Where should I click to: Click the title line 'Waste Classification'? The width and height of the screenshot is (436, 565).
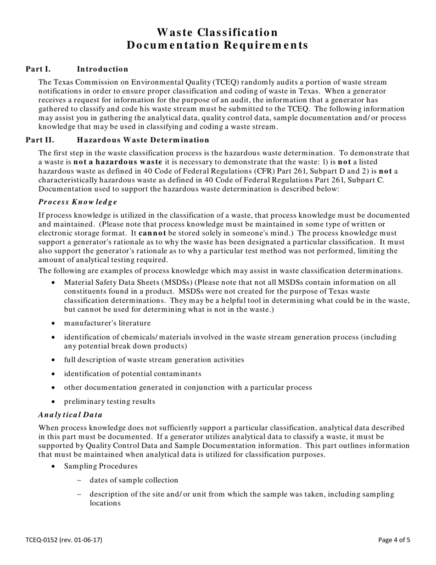(x=217, y=33)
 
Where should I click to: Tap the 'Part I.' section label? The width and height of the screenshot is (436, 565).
(x=38, y=69)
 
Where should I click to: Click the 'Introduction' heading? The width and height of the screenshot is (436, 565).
(x=102, y=69)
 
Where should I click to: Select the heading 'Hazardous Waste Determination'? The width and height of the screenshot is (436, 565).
(x=143, y=140)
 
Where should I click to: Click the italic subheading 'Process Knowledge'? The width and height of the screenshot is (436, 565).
(x=78, y=202)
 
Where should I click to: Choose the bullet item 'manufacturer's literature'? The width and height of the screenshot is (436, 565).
(x=107, y=323)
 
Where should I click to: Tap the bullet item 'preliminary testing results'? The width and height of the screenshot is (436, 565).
(x=109, y=401)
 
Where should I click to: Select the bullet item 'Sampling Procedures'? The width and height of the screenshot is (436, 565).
(x=101, y=466)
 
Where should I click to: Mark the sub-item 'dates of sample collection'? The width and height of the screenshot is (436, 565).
(x=134, y=480)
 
